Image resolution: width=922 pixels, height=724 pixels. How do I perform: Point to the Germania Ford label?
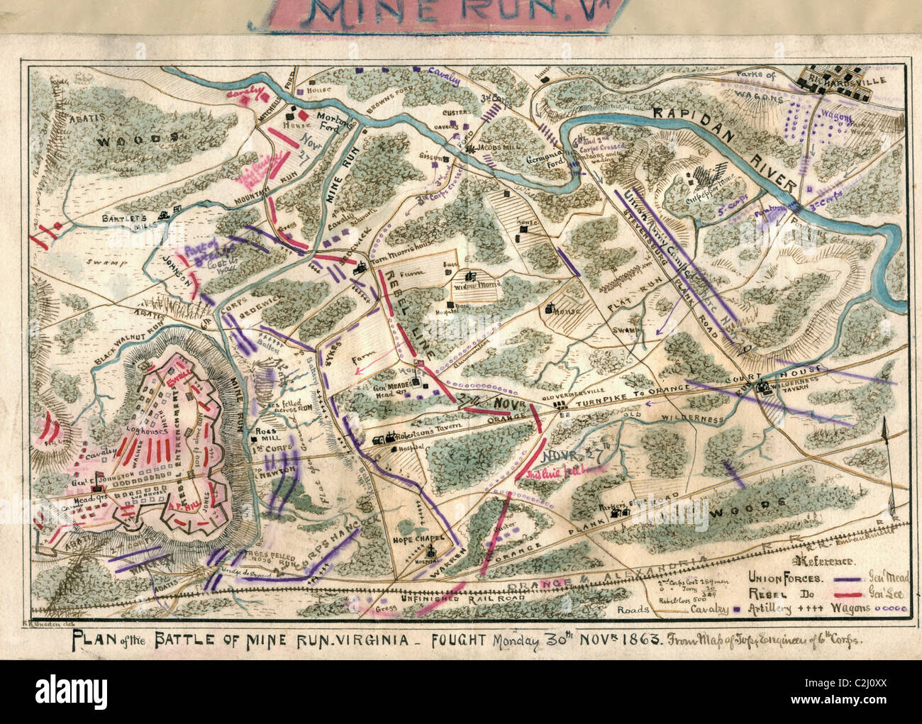coord(544,160)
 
